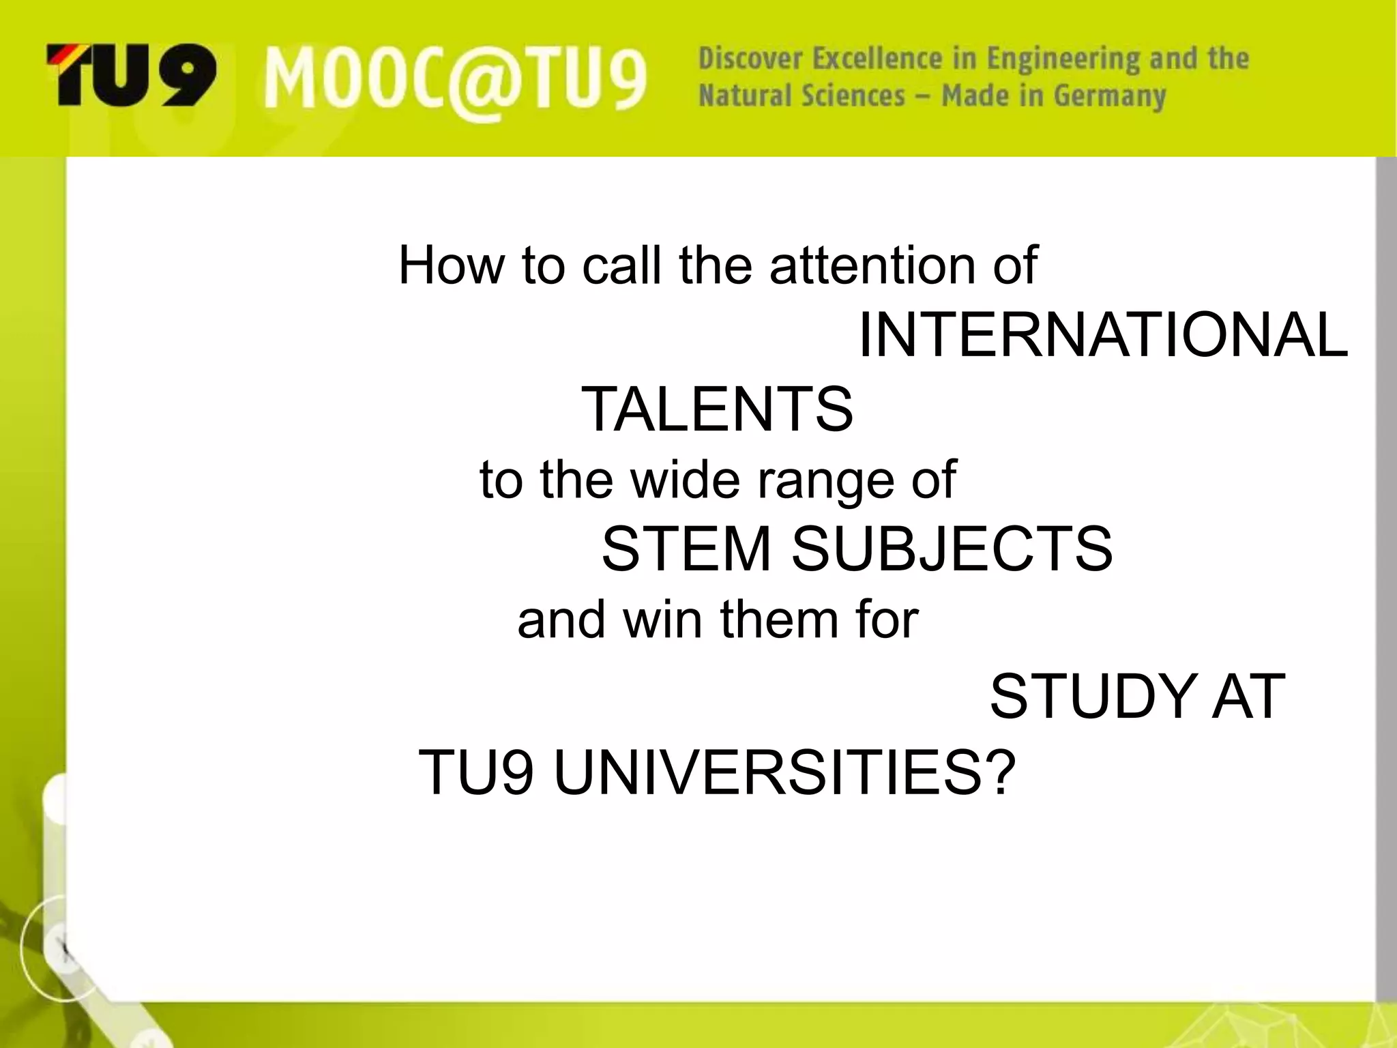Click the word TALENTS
716,409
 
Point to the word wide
685,479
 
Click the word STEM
686,549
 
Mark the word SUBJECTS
952,549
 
